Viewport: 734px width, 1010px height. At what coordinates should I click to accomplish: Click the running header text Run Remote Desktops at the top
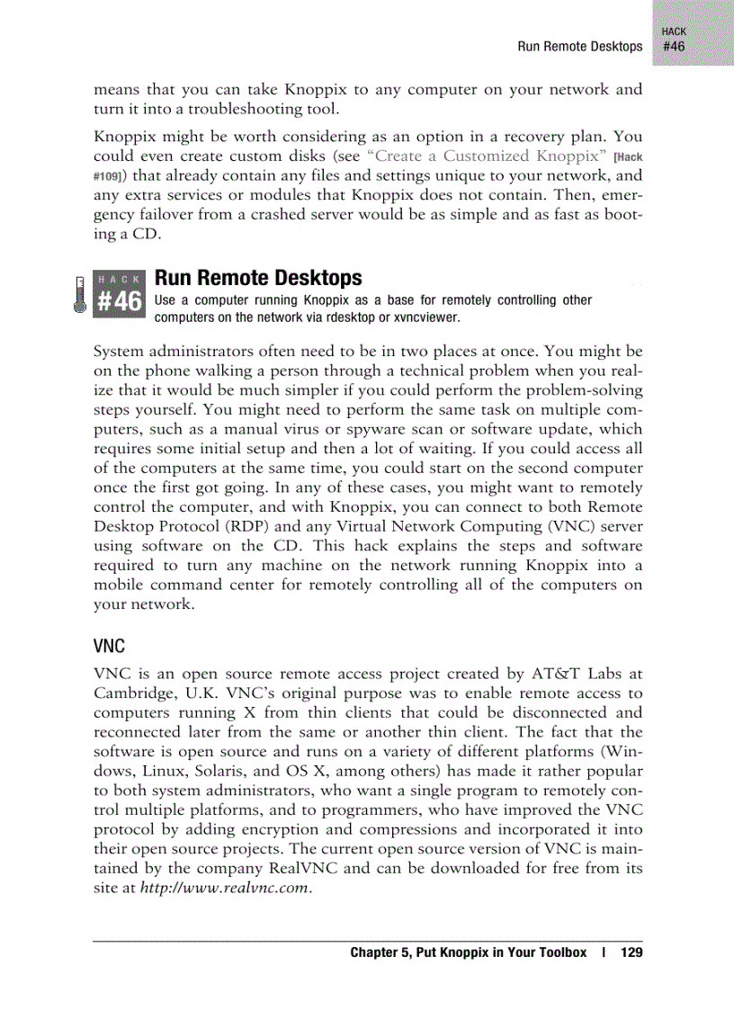579,46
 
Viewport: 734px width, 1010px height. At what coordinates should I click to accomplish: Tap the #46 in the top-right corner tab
674,46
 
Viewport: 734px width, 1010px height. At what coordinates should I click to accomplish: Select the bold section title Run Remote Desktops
258,278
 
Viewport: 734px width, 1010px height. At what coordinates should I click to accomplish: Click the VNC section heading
108,647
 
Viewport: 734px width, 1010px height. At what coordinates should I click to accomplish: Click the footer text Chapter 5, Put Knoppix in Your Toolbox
468,952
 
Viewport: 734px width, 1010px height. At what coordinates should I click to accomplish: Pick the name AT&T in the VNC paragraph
537,673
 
